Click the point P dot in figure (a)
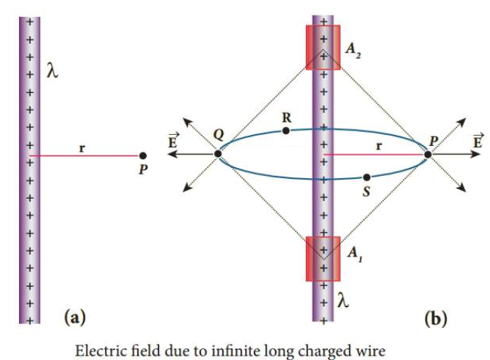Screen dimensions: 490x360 click(143, 155)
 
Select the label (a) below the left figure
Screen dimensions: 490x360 click(75, 317)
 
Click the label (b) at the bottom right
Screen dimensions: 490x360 click(436, 318)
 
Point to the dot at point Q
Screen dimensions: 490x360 click(218, 154)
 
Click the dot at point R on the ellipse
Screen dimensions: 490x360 click(285, 131)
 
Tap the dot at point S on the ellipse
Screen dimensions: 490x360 click(367, 177)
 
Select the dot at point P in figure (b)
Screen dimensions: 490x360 click(428, 154)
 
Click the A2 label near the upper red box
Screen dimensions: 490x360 click(353, 50)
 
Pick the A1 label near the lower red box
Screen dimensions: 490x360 click(355, 254)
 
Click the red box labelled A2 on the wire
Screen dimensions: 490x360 click(323, 48)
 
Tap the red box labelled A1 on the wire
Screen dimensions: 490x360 click(323, 259)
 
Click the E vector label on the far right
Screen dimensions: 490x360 click(478, 140)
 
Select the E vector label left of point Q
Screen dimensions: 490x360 click(173, 140)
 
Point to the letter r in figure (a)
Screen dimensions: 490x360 click(82, 148)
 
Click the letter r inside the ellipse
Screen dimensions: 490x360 click(379, 146)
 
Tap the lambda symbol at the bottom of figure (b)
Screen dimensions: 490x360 click(343, 301)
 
